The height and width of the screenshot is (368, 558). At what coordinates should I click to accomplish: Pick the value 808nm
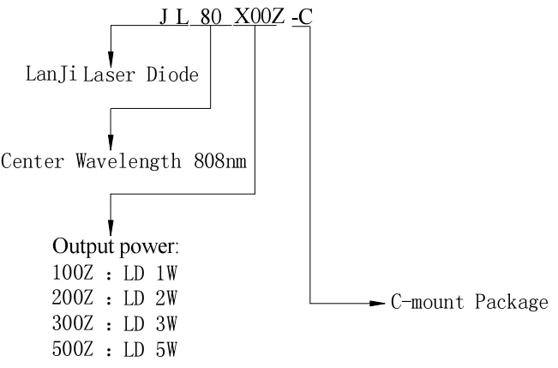click(219, 162)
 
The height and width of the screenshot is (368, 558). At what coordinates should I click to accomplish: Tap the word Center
click(34, 162)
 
